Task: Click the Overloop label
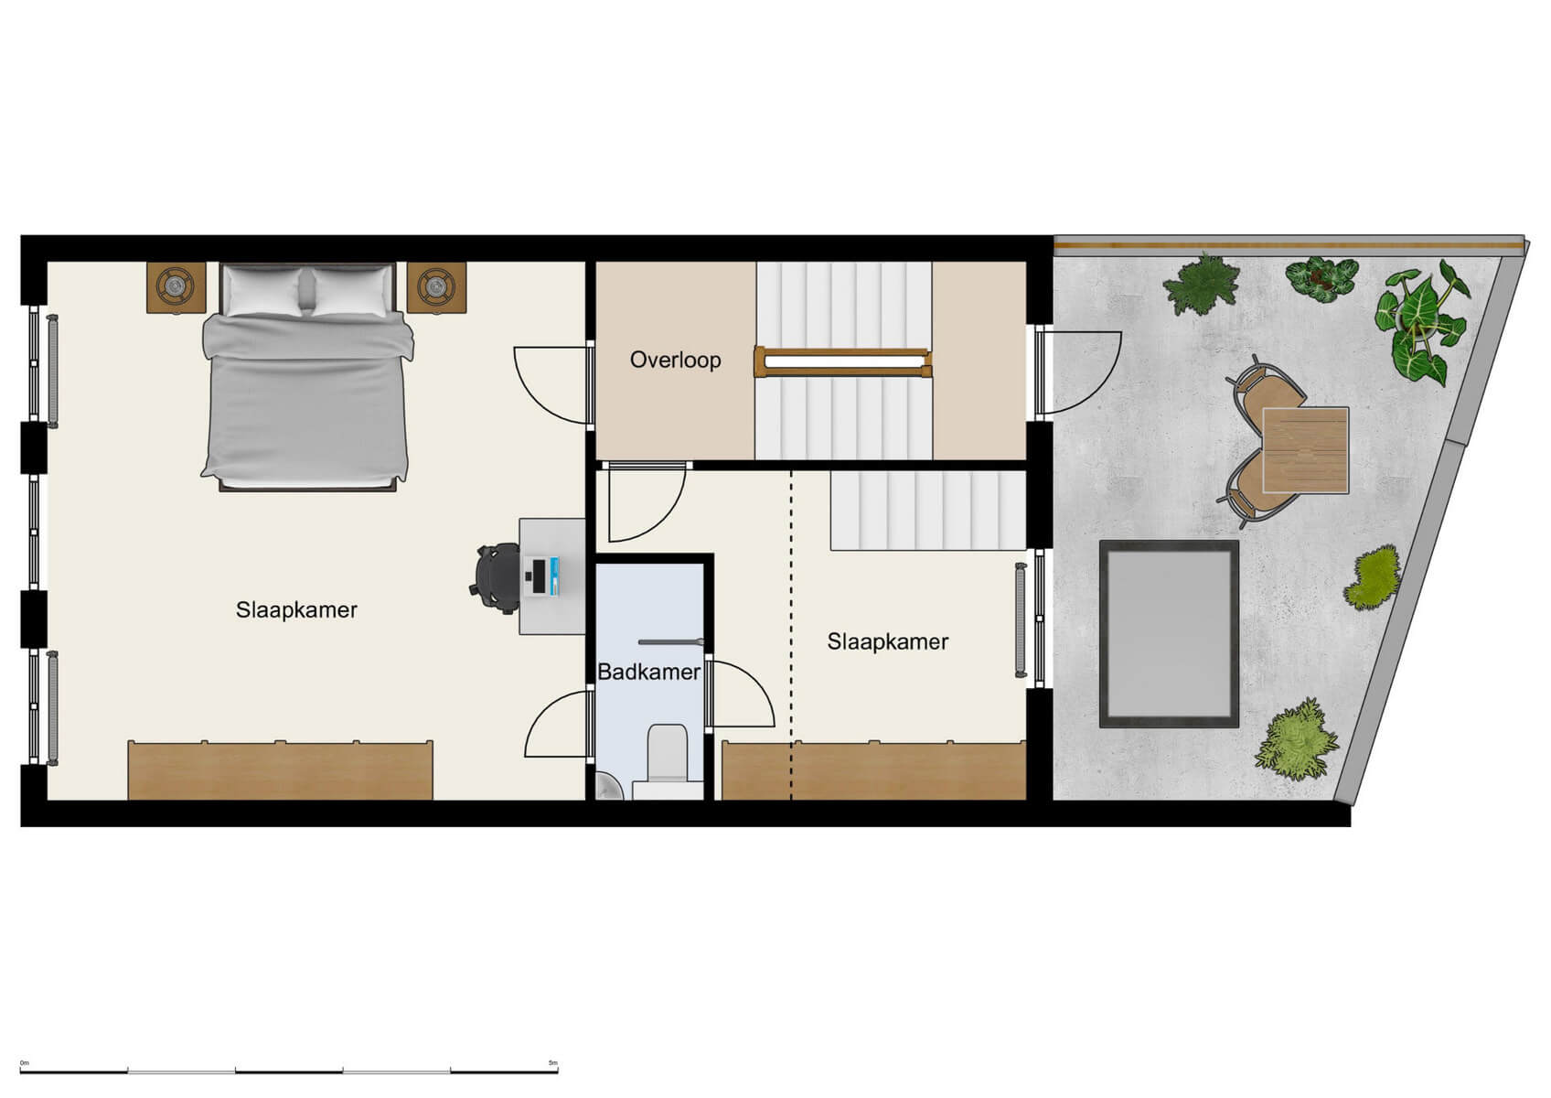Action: (x=675, y=360)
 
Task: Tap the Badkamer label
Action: (x=648, y=673)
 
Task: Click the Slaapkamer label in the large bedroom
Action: (x=296, y=609)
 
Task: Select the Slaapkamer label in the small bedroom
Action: (x=887, y=641)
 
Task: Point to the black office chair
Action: (x=497, y=576)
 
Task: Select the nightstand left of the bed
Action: (x=176, y=287)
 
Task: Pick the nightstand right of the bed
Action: (x=436, y=287)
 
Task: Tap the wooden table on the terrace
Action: (x=1305, y=449)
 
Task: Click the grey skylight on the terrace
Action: (x=1169, y=633)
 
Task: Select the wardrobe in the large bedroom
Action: (x=280, y=770)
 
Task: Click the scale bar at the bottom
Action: (x=289, y=1069)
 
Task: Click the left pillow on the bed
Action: (x=262, y=292)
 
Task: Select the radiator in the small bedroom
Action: (x=1021, y=620)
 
